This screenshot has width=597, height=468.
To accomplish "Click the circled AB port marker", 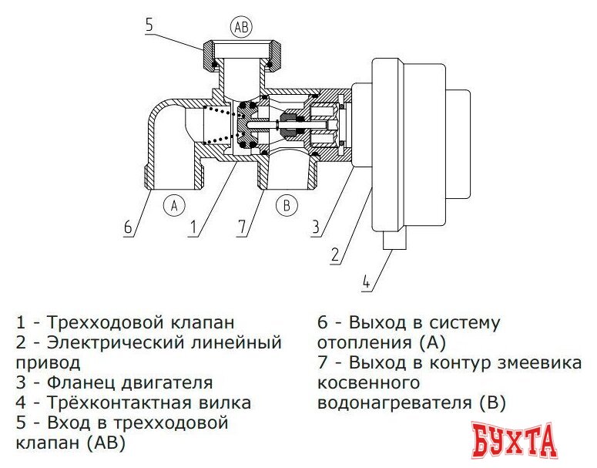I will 241,27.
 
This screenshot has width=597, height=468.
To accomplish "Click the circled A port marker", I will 175,206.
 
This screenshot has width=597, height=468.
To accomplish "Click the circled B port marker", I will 286,206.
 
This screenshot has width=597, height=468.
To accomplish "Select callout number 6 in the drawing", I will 128,228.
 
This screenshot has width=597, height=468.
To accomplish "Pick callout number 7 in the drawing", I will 242,227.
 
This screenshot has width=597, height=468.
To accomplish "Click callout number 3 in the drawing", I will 315,227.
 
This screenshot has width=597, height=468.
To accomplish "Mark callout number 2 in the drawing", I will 335,254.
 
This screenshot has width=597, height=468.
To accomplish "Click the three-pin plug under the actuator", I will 394,242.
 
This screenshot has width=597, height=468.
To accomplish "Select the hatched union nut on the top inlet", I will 242,55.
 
